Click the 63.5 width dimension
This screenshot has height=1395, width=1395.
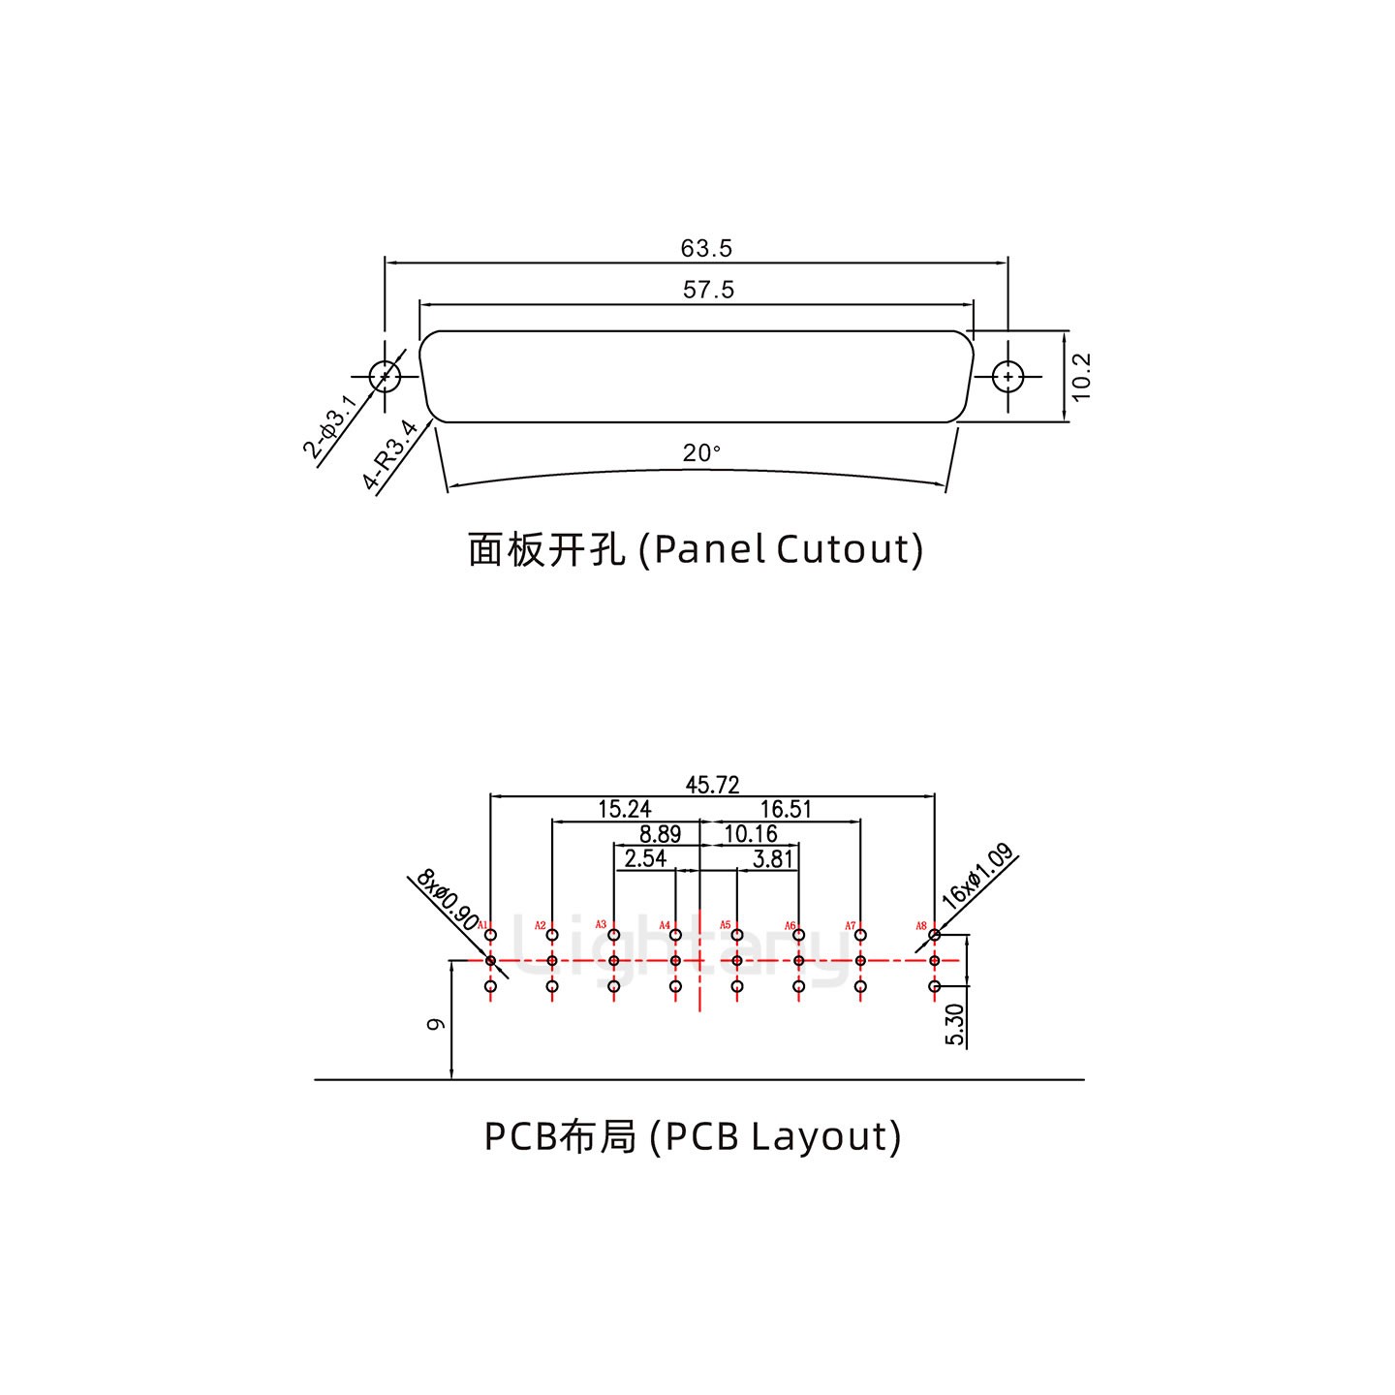706,248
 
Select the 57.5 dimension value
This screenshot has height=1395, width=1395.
708,289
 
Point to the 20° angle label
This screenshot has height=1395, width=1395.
701,452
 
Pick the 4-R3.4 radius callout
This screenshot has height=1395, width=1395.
390,455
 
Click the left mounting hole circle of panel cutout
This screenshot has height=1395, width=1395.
385,376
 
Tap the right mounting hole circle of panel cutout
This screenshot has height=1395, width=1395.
1008,376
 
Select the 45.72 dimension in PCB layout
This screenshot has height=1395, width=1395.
712,786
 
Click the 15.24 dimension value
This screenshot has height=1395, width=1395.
624,809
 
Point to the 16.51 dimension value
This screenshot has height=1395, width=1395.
785,809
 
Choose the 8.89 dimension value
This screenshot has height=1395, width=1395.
660,834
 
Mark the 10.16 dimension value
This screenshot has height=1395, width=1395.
751,834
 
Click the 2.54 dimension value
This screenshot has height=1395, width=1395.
645,858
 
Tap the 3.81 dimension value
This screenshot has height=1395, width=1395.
773,858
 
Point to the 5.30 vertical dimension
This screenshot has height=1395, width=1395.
954,1024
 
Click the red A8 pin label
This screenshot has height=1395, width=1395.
921,926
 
